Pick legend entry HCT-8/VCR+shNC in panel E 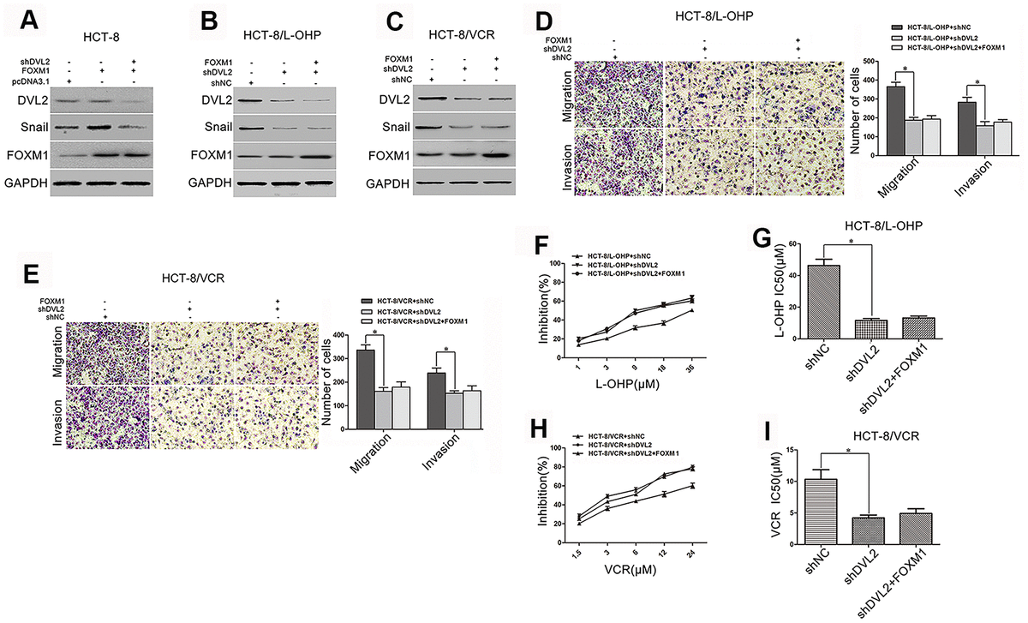(x=409, y=301)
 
